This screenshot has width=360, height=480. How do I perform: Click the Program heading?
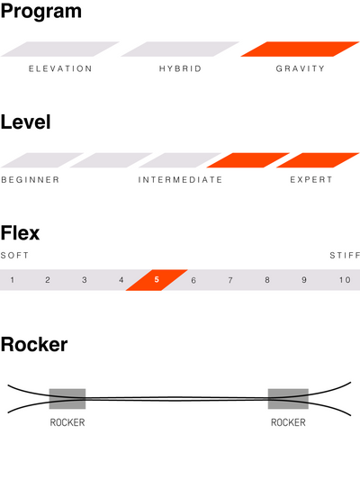pos(41,12)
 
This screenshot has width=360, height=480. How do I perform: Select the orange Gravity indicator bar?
pos(300,49)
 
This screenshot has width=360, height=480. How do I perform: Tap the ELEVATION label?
pos(60,68)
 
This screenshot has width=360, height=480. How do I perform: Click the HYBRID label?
pos(180,68)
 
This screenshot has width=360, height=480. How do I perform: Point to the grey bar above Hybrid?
pos(180,49)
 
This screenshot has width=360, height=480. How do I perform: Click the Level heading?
pos(26,122)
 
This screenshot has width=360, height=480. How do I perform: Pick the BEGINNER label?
pos(30,180)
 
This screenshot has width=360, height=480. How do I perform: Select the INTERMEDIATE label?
pos(180,180)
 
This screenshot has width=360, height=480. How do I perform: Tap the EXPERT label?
pos(311,180)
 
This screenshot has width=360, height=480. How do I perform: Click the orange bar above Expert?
pos(318,160)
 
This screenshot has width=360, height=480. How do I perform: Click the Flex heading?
pos(20,233)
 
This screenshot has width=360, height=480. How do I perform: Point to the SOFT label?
pos(14,255)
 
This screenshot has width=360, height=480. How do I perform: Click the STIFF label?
pos(345,255)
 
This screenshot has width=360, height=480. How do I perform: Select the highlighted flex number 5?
pos(157,280)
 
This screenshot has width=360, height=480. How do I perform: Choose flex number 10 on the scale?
pos(345,280)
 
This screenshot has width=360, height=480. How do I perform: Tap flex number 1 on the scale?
pos(13,280)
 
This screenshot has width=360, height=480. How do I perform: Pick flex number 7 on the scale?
pos(230,280)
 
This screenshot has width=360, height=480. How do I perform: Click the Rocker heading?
pos(34,345)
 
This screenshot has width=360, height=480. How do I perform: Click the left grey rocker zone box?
pos(67,399)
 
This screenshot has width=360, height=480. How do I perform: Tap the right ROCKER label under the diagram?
pos(288,422)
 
